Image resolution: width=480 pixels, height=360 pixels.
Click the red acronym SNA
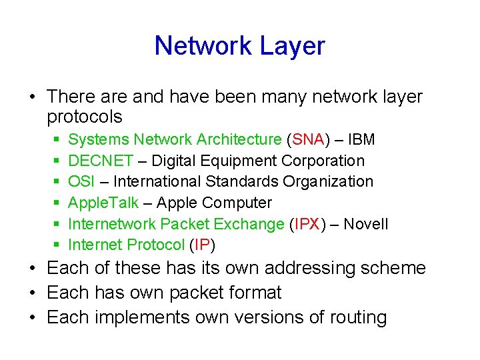[307, 139]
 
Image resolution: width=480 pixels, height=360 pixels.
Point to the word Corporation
[323, 161]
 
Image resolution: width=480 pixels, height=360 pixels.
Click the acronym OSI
[81, 181]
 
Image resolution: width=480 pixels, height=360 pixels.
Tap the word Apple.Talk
[103, 203]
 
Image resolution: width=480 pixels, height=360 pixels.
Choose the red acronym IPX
[306, 224]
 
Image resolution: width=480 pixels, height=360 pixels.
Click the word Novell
[366, 224]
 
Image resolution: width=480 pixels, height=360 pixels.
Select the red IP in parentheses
[201, 245]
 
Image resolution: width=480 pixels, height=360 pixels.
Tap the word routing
[358, 317]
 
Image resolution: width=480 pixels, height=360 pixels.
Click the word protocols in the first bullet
[85, 117]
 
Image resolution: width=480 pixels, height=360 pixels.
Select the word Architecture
[242, 139]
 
